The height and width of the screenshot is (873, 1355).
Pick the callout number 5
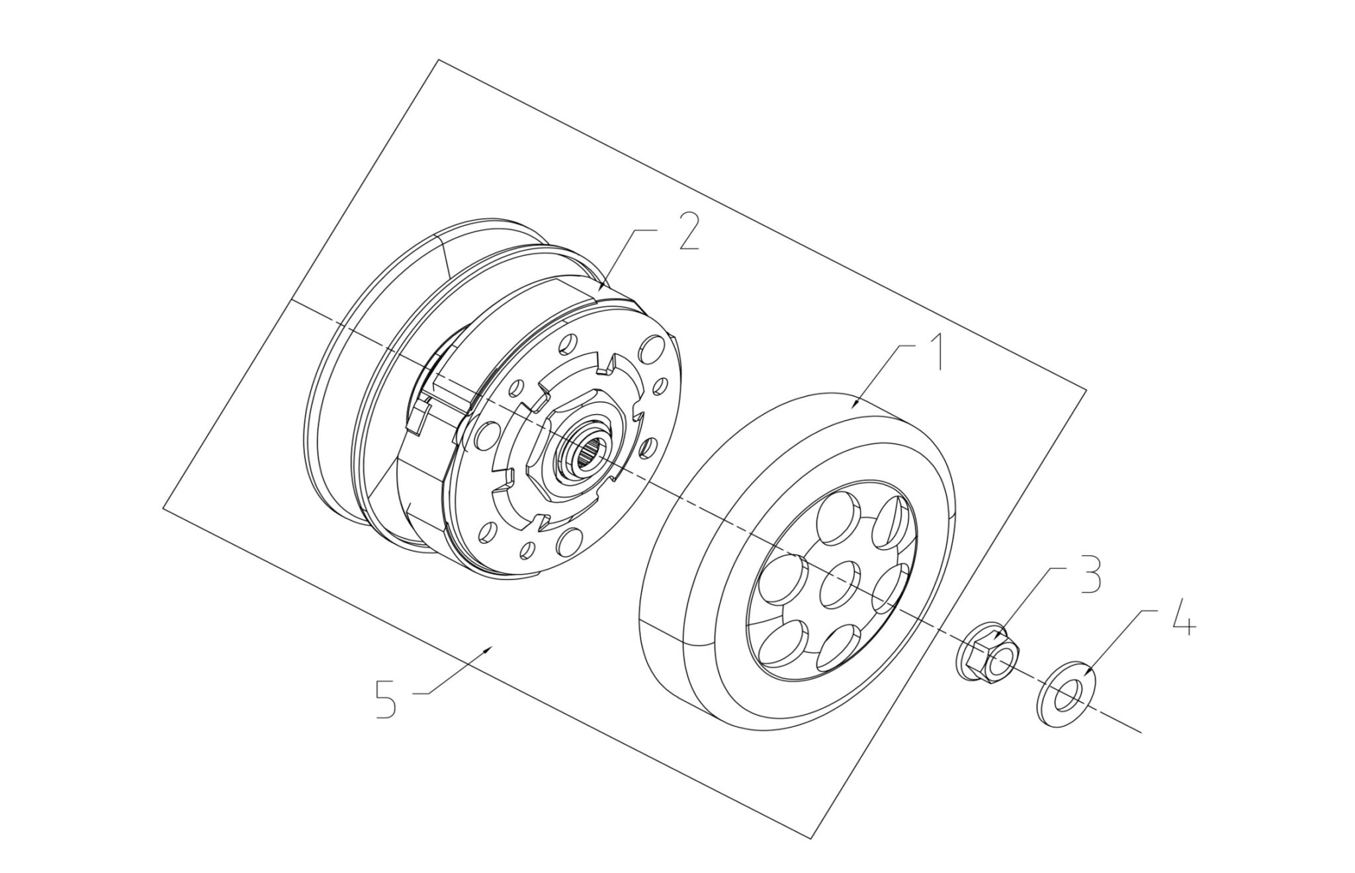tap(386, 699)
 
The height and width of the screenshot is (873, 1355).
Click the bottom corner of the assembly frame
tap(811, 839)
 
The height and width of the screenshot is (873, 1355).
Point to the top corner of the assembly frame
tap(438, 60)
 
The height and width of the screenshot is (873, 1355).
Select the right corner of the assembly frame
tap(1086, 390)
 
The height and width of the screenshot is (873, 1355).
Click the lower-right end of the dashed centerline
tap(1141, 732)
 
